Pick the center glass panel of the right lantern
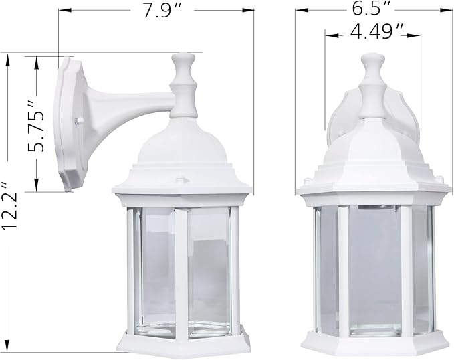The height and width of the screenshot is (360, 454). click(372, 268)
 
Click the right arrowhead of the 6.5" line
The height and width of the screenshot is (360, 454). click(443, 11)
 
